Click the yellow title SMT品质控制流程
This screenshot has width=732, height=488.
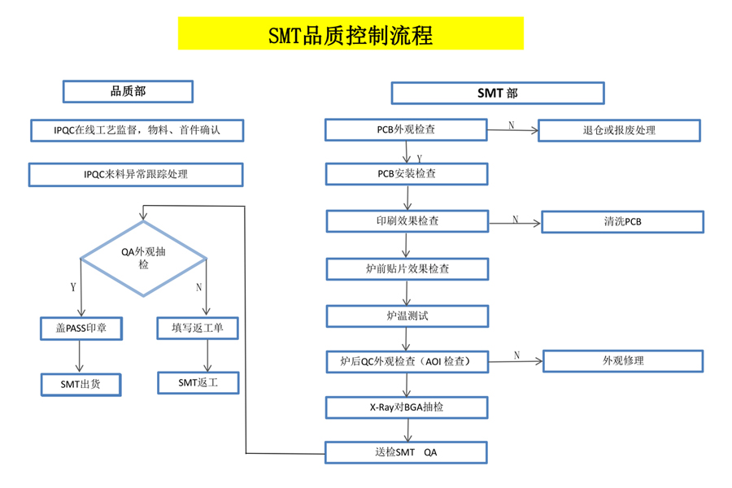[351, 34]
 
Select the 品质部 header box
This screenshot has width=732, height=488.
[128, 92]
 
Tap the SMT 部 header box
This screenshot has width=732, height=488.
[497, 93]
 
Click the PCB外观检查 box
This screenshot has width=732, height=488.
[407, 129]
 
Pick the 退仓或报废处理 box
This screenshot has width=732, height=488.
[619, 130]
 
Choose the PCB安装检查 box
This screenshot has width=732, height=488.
[407, 174]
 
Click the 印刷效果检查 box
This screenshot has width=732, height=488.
[407, 220]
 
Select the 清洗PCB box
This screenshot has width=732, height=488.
[622, 221]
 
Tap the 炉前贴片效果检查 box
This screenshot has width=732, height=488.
[407, 268]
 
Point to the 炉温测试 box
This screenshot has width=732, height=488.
[407, 315]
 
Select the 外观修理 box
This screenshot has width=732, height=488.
[623, 360]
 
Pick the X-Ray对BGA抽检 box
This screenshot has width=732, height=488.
[407, 407]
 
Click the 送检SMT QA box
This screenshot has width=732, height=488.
[407, 452]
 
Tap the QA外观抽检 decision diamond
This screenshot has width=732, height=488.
[144, 258]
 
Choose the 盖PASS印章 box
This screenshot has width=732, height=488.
[81, 328]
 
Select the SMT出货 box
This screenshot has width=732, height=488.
[81, 384]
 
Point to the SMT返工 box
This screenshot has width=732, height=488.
[198, 382]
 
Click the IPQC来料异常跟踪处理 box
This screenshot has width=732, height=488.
[135, 174]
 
